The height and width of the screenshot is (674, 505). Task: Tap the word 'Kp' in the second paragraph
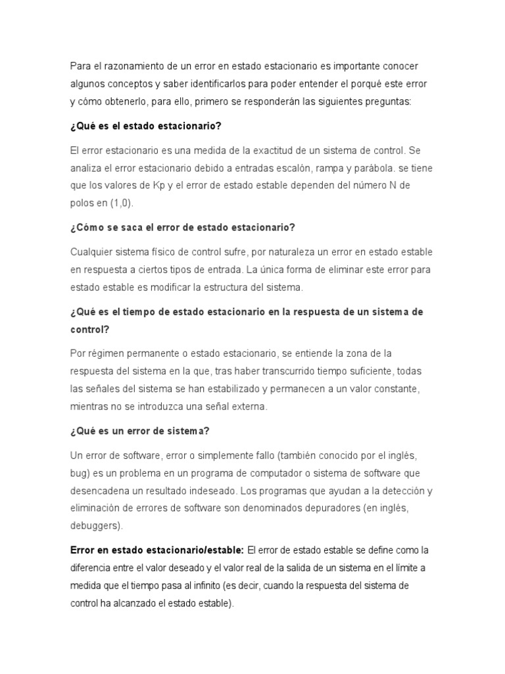159,186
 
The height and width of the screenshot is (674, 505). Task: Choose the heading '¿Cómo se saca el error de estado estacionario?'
182,228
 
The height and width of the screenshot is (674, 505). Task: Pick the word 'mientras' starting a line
89,407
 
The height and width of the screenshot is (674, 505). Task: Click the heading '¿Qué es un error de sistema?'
139,431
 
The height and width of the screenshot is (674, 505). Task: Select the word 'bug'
78,473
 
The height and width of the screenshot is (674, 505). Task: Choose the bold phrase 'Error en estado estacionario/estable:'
157,550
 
